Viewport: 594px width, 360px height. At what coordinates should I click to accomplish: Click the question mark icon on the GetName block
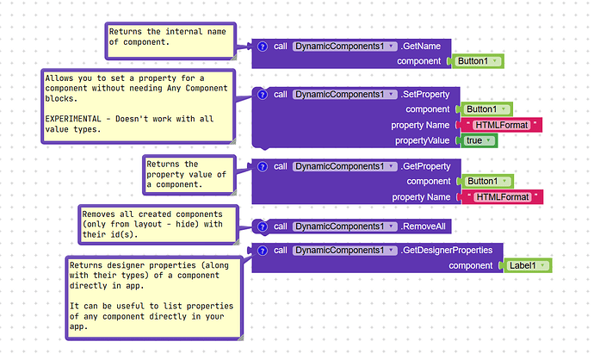[263, 47]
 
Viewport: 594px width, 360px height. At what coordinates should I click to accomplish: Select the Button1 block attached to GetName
[477, 61]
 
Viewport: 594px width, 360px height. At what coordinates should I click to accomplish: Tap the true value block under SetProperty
[478, 140]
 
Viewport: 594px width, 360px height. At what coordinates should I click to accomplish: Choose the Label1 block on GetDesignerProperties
[526, 265]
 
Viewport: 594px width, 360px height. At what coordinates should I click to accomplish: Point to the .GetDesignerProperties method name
[447, 251]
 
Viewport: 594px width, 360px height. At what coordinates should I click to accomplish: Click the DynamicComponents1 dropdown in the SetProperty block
[344, 95]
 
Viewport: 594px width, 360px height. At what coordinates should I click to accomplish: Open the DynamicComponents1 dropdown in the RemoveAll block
[344, 227]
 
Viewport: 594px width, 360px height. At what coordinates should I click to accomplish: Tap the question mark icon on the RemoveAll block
[263, 227]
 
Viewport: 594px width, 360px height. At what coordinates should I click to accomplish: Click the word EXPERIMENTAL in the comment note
[73, 119]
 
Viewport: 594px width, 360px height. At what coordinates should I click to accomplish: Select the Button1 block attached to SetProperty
[486, 109]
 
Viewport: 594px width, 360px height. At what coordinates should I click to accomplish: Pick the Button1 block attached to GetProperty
[486, 181]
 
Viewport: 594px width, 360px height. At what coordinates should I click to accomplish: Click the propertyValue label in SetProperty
[422, 140]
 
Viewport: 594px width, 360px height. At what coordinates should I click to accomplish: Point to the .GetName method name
[420, 47]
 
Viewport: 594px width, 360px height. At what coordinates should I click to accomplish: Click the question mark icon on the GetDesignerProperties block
[263, 251]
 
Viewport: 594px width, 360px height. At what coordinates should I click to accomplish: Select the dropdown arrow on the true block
[489, 140]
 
